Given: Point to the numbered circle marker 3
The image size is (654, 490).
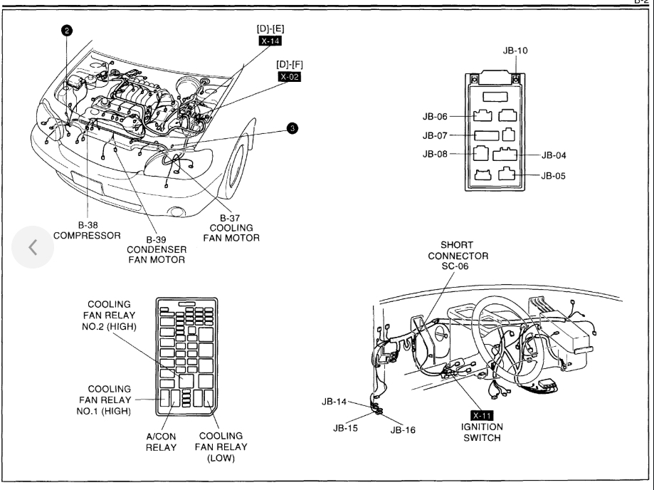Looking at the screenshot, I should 292,128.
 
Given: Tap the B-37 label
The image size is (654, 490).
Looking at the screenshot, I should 232,217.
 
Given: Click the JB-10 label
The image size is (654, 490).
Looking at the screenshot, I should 515,51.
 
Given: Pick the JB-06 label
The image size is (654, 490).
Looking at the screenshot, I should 435,116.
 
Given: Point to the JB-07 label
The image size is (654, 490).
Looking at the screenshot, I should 435,135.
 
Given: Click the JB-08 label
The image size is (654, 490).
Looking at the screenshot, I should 435,154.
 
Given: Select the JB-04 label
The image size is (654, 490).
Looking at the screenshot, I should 557,155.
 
